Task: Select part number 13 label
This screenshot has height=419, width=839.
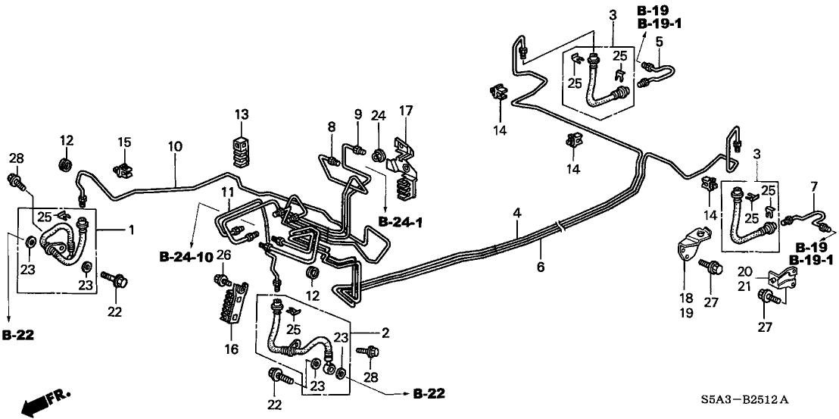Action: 241,114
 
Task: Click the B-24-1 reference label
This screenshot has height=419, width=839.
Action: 401,222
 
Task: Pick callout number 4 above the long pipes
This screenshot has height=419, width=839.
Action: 517,214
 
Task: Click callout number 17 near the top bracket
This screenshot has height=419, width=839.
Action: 406,111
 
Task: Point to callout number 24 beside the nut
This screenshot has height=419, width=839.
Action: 379,116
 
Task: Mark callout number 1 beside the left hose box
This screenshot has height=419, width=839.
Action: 131,228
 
